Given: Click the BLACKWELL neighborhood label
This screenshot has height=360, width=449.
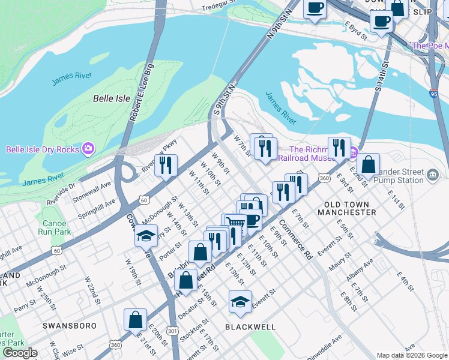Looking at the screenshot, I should [250, 327].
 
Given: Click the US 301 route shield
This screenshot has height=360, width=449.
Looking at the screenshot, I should [172, 330].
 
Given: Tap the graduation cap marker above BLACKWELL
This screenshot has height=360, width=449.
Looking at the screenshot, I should [240, 302].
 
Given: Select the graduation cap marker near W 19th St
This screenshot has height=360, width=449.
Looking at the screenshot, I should [146, 236].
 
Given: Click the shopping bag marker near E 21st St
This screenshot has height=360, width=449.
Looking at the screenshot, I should [136, 319].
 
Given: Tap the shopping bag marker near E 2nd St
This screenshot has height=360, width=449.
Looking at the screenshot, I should [368, 164].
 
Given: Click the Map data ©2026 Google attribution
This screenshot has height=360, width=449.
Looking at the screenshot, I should [412, 355].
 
